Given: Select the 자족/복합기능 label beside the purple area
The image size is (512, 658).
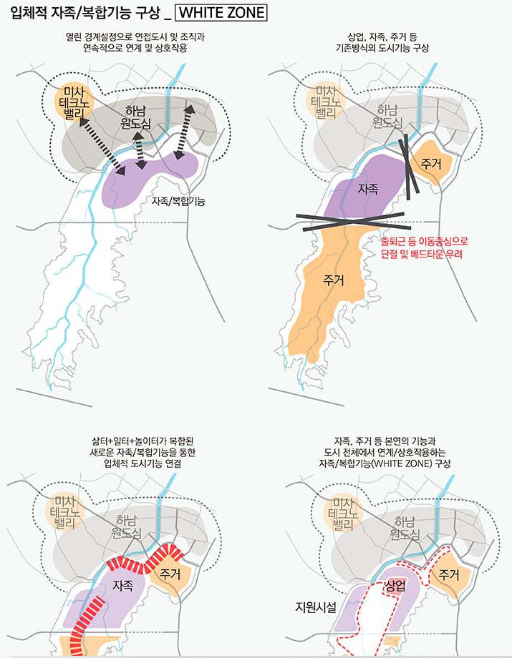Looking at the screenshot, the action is (x=178, y=202).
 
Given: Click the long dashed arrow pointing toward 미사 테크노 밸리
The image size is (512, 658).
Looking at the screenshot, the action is (x=97, y=143).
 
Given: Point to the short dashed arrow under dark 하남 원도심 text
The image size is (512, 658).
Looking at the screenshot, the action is (x=141, y=154).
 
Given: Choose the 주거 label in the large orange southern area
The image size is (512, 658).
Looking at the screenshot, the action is (x=334, y=280).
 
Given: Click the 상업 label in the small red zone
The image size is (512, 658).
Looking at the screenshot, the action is (x=395, y=585).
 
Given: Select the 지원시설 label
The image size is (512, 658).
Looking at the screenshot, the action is (x=316, y=607).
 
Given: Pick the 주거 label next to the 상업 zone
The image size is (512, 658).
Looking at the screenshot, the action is (x=449, y=574).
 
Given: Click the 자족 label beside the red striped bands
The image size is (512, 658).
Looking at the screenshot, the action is (x=123, y=585).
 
